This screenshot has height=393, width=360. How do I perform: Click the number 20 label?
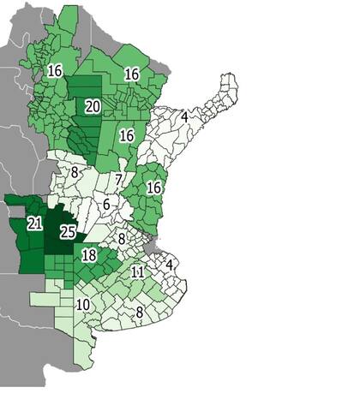click(93, 106)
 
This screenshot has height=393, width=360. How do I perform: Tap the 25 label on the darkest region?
click(69, 231)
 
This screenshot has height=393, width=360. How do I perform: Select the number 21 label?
click(35, 223)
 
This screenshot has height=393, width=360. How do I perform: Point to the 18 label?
click(88, 255)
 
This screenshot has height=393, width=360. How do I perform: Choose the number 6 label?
click(105, 205)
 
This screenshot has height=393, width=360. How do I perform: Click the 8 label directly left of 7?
click(75, 172)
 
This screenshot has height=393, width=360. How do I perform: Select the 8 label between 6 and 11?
click(123, 239)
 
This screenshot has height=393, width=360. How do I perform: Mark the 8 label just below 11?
click(139, 313)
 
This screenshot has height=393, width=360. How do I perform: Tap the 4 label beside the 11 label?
click(170, 264)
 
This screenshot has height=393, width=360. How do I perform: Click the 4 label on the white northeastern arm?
click(184, 116)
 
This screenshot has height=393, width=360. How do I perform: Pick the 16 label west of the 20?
click(56, 70)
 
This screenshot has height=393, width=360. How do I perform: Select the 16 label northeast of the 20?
click(132, 74)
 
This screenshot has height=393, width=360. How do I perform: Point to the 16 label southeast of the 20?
click(127, 135)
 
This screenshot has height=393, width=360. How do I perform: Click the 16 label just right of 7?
click(154, 188)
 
